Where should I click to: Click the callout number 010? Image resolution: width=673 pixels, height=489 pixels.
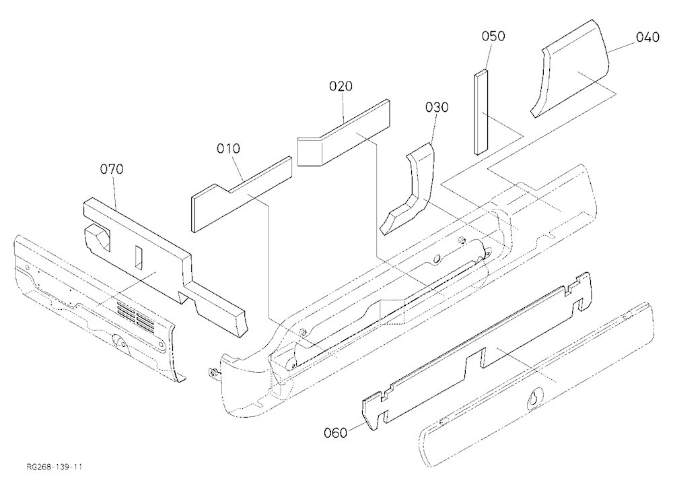point(228,149)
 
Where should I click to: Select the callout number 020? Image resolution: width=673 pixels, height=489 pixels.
point(341,86)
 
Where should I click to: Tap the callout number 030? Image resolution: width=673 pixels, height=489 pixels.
point(437,107)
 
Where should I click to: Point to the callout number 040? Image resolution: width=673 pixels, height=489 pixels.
point(647,38)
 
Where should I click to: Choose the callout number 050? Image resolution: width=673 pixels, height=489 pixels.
point(493,36)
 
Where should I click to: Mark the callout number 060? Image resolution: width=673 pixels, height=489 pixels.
point(335,432)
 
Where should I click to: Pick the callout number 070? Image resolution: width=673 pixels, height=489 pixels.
point(112,169)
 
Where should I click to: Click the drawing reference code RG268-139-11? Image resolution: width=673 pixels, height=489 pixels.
point(54,467)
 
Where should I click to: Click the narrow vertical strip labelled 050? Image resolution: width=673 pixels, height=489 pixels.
point(481,112)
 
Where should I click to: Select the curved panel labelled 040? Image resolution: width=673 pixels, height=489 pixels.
point(571,69)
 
